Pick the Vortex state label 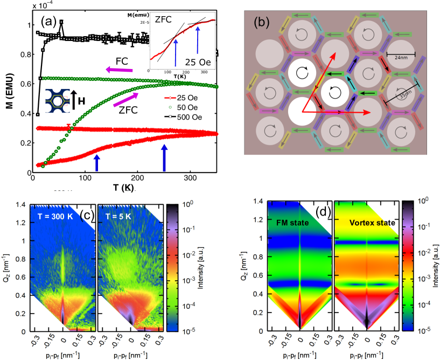(365, 222)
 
